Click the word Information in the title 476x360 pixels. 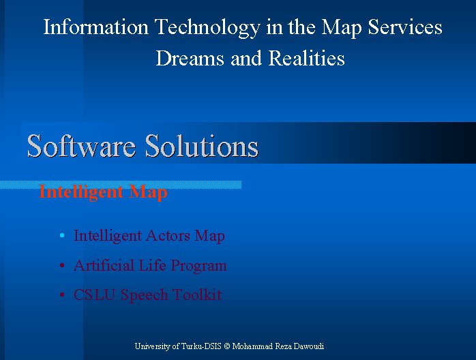tap(96, 27)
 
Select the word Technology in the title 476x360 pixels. tap(207, 28)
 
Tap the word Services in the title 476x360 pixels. tap(405, 27)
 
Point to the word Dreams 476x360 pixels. tap(190, 58)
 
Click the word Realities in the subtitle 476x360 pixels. tap(307, 58)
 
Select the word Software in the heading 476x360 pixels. tap(81, 146)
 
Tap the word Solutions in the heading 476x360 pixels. tap(202, 146)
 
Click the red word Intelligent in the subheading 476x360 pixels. tap(81, 192)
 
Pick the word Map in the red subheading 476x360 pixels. tap(148, 192)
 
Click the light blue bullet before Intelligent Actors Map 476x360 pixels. tap(62, 235)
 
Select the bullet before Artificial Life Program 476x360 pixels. tap(62, 266)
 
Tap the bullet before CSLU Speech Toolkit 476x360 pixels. tap(62, 295)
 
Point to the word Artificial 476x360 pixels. tap(104, 265)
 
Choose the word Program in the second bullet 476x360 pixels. tap(198, 266)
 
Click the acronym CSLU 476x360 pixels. tap(94, 295)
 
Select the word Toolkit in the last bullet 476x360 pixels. tap(197, 295)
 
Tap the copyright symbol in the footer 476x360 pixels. tap(227, 346)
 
